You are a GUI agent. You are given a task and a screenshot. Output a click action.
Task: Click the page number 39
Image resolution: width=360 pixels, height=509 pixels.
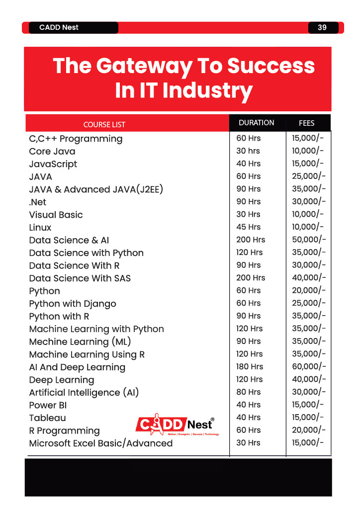322,27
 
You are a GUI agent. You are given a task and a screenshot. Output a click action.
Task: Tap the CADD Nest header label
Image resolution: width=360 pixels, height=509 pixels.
59,27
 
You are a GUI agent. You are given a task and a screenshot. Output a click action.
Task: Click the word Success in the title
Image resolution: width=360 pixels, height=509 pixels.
271,66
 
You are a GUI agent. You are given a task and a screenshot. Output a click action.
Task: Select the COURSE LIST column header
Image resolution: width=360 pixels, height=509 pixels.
104,125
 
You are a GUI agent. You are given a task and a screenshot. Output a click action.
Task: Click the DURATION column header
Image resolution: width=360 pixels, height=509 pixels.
257,123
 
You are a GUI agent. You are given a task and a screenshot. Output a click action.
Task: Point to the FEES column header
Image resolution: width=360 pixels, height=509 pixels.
306,123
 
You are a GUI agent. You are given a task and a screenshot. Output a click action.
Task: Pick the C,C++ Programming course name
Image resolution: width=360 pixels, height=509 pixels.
76,139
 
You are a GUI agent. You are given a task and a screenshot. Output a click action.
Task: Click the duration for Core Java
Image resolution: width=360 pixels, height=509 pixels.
248,151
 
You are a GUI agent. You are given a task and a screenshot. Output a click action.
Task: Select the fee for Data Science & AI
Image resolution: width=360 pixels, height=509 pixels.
308,240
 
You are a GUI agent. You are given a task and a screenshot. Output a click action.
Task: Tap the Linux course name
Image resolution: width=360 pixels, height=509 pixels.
40,227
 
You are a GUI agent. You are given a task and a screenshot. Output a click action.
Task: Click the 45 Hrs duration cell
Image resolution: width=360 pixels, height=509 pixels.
248,227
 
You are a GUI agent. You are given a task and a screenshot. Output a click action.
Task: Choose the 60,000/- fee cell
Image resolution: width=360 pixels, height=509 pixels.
308,366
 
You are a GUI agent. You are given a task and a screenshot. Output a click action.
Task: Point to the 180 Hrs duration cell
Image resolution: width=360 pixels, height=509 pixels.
249,366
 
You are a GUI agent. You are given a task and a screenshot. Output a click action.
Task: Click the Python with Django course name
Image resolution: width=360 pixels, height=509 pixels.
73,304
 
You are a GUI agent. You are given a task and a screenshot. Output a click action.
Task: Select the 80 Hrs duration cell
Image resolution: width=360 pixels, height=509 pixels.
248,392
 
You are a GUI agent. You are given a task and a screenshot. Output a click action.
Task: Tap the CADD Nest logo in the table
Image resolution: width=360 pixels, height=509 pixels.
177,424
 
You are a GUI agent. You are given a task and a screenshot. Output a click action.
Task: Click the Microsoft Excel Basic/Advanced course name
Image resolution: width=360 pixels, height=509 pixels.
100,443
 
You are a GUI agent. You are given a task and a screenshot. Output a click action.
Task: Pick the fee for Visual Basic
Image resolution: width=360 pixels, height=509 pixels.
307,214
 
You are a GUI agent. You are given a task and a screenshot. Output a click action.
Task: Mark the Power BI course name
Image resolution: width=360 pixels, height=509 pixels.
48,405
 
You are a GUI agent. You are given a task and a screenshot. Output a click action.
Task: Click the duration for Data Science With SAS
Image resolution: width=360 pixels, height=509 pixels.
251,277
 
